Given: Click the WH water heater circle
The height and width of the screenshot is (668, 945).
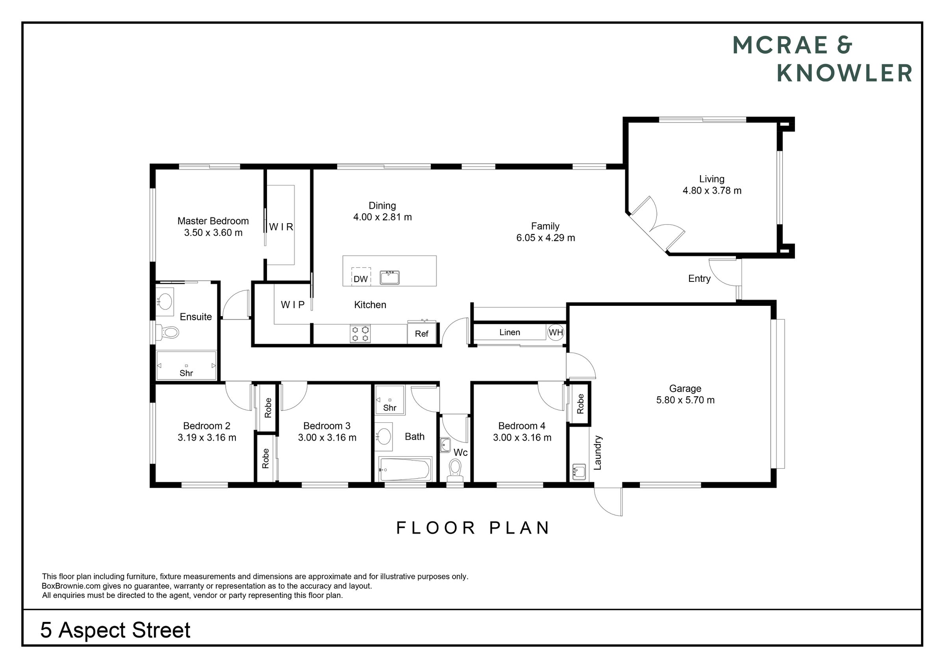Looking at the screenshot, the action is [x=556, y=332].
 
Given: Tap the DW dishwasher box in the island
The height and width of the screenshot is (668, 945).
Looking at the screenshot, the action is [x=361, y=277].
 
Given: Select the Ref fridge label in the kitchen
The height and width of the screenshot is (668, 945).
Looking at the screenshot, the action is [x=421, y=334].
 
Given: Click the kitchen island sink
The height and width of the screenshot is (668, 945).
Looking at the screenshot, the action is [x=389, y=278].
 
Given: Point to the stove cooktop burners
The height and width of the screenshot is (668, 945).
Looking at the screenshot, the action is [x=360, y=333].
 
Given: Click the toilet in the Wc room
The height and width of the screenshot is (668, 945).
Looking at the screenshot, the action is [x=455, y=470].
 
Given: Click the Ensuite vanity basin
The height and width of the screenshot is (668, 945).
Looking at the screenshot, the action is [x=165, y=299].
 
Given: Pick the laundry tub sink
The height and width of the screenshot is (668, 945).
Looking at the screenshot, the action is [x=579, y=471].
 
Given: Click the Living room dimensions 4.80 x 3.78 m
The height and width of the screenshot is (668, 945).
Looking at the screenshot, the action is [x=712, y=191].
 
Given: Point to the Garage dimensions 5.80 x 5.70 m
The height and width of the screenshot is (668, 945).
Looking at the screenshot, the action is [x=685, y=400].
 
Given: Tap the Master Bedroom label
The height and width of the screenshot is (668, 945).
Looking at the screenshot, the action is [x=213, y=221].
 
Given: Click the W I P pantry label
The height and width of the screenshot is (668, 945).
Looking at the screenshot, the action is [x=293, y=305].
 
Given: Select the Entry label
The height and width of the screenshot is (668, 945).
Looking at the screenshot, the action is [x=699, y=279].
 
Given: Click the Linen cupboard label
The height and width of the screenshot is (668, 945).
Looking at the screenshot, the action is [x=510, y=332].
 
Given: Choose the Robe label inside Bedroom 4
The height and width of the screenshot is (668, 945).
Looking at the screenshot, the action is [x=580, y=404].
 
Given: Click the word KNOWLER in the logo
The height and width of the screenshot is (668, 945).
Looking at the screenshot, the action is [x=844, y=73].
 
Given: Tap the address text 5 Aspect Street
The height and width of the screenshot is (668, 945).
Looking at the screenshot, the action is [x=115, y=630].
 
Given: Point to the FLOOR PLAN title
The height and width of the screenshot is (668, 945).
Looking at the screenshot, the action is [x=472, y=528].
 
